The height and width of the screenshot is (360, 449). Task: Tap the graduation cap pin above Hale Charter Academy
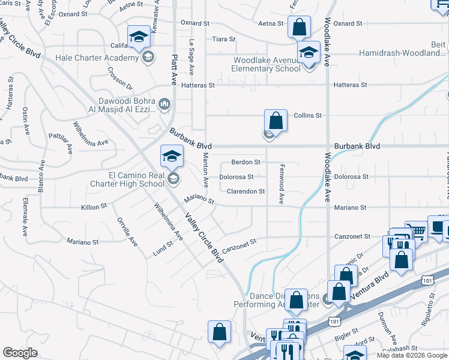[139, 37]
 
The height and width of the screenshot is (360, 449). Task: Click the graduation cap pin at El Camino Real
[172, 157]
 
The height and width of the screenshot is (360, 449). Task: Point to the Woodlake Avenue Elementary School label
[268, 64]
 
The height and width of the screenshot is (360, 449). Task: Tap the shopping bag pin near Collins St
[276, 121]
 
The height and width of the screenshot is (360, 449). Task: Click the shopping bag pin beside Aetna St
[298, 28]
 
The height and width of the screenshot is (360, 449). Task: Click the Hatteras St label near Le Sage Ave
[197, 86]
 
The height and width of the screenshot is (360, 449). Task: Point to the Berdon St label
[246, 162]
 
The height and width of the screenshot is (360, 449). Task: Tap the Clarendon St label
[246, 191]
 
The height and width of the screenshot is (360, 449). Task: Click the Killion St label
[94, 206]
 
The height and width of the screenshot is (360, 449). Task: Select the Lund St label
[163, 249]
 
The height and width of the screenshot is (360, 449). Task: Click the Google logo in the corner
[20, 353]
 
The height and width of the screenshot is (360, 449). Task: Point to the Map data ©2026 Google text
[412, 355]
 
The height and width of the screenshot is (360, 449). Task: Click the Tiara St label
[224, 39]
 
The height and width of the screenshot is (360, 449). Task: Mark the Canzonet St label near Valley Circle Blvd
[239, 245]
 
